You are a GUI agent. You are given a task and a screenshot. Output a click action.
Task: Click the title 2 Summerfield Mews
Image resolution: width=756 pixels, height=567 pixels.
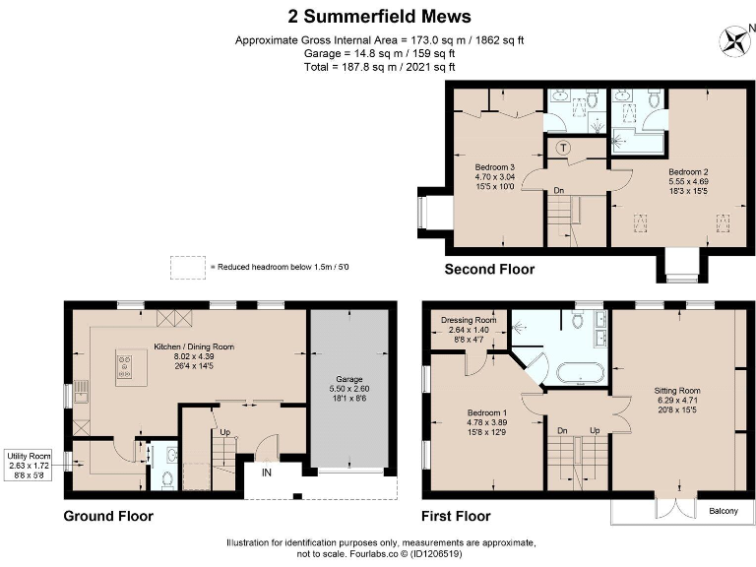click(x=379, y=17)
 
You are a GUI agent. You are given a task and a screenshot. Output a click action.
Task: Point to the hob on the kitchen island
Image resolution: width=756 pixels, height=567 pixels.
click(x=125, y=366)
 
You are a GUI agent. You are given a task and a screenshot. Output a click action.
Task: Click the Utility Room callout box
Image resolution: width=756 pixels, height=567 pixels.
click(x=29, y=466)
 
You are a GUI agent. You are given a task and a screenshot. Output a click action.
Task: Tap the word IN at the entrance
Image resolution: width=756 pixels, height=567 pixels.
click(x=267, y=472)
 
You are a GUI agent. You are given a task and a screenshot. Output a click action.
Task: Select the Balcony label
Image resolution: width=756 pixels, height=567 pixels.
click(x=724, y=511)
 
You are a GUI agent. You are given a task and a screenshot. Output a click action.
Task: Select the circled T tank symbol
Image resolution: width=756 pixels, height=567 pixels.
click(x=563, y=148)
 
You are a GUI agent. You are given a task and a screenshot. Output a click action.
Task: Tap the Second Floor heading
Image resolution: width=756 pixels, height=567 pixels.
click(x=489, y=269)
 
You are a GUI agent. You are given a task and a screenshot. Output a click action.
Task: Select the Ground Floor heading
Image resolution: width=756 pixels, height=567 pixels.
click(x=108, y=517)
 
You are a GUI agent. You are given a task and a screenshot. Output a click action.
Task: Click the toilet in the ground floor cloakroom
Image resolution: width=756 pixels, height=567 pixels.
click(x=167, y=479)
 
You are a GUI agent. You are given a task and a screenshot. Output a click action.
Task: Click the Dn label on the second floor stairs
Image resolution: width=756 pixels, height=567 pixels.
click(x=559, y=190)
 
